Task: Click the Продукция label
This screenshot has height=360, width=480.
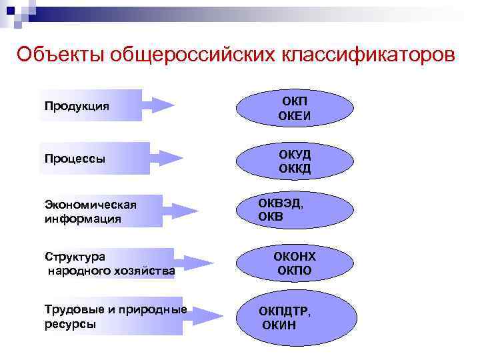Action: tap(77, 106)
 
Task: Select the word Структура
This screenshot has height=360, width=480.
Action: tap(75, 256)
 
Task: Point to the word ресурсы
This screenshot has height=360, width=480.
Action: tap(70, 323)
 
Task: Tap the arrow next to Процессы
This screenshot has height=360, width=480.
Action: tap(167, 158)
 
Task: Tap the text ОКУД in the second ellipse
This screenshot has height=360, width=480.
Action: tap(295, 155)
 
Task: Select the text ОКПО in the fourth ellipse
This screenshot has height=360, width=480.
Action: tap(295, 271)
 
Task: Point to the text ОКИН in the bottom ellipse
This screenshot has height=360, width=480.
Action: tap(279, 325)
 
